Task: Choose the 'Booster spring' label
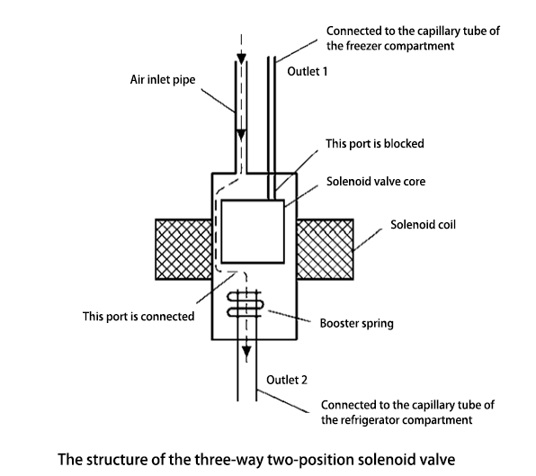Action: [351, 322]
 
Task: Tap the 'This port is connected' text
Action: [138, 316]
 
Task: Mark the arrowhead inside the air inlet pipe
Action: [241, 134]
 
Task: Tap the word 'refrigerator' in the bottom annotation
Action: [368, 418]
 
